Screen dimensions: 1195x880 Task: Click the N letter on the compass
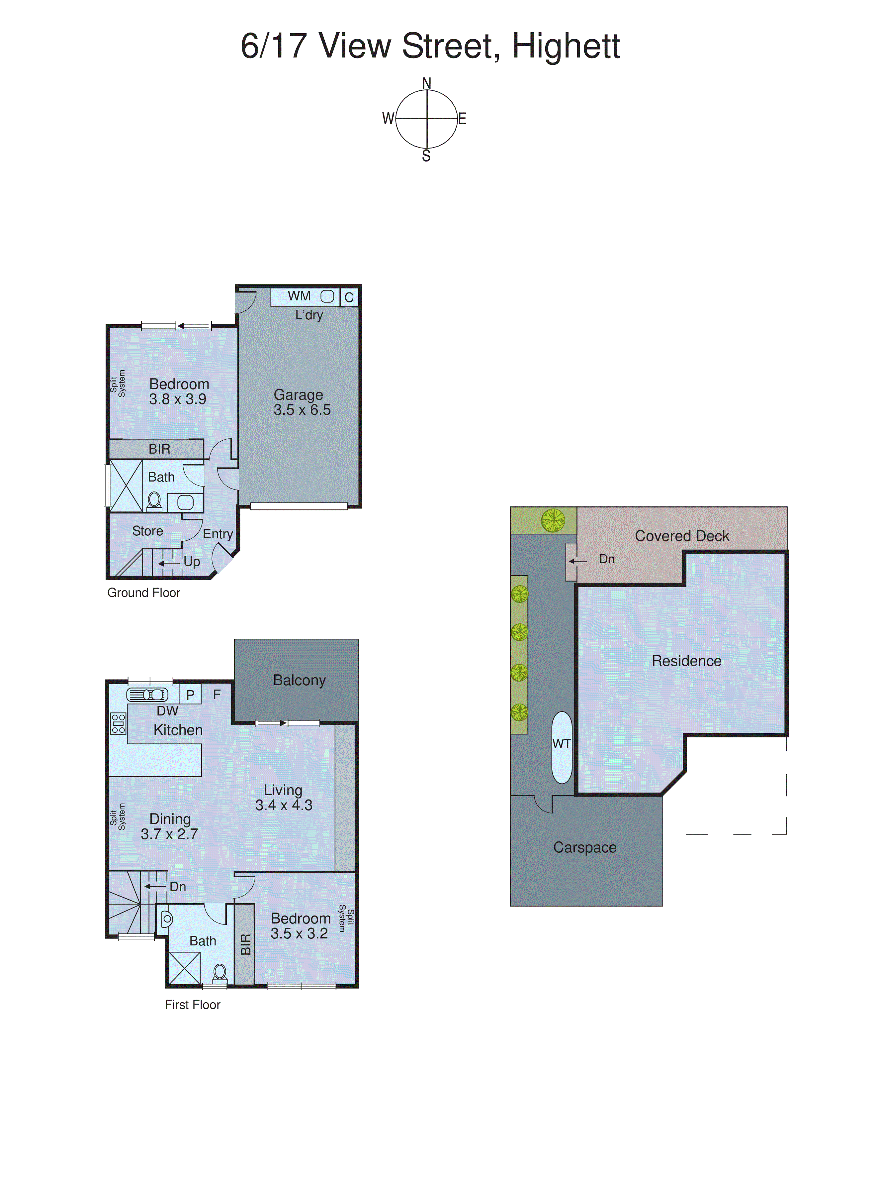tap(427, 84)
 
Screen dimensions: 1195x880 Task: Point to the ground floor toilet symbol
tap(154, 501)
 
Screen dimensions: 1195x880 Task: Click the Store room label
tap(147, 531)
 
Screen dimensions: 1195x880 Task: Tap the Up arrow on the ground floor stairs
tap(169, 563)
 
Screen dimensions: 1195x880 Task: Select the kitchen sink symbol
tap(147, 695)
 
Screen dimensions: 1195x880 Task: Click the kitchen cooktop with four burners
tap(118, 723)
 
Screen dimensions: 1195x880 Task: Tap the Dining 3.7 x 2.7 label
tap(169, 826)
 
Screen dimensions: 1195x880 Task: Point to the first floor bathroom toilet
tap(220, 973)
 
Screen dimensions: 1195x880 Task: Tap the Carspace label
tap(584, 847)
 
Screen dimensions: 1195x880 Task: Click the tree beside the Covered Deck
tap(553, 520)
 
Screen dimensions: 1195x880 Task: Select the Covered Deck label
tap(681, 536)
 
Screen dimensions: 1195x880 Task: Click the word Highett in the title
tap(566, 47)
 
